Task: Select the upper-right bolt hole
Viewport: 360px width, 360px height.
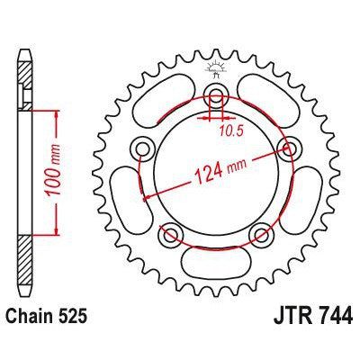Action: pyautogui.click(x=290, y=148)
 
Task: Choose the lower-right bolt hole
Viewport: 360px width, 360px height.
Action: pyautogui.click(x=262, y=237)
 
